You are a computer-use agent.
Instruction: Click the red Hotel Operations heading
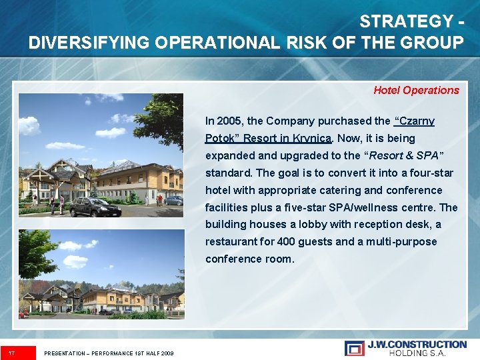coord(416,90)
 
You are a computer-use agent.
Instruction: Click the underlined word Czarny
coord(415,121)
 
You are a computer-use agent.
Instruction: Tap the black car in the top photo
coord(95,207)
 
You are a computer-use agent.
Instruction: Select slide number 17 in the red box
coord(11,353)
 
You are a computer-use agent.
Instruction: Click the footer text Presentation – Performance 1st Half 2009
coord(109,353)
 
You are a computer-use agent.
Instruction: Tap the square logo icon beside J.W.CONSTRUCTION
coord(355,348)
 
